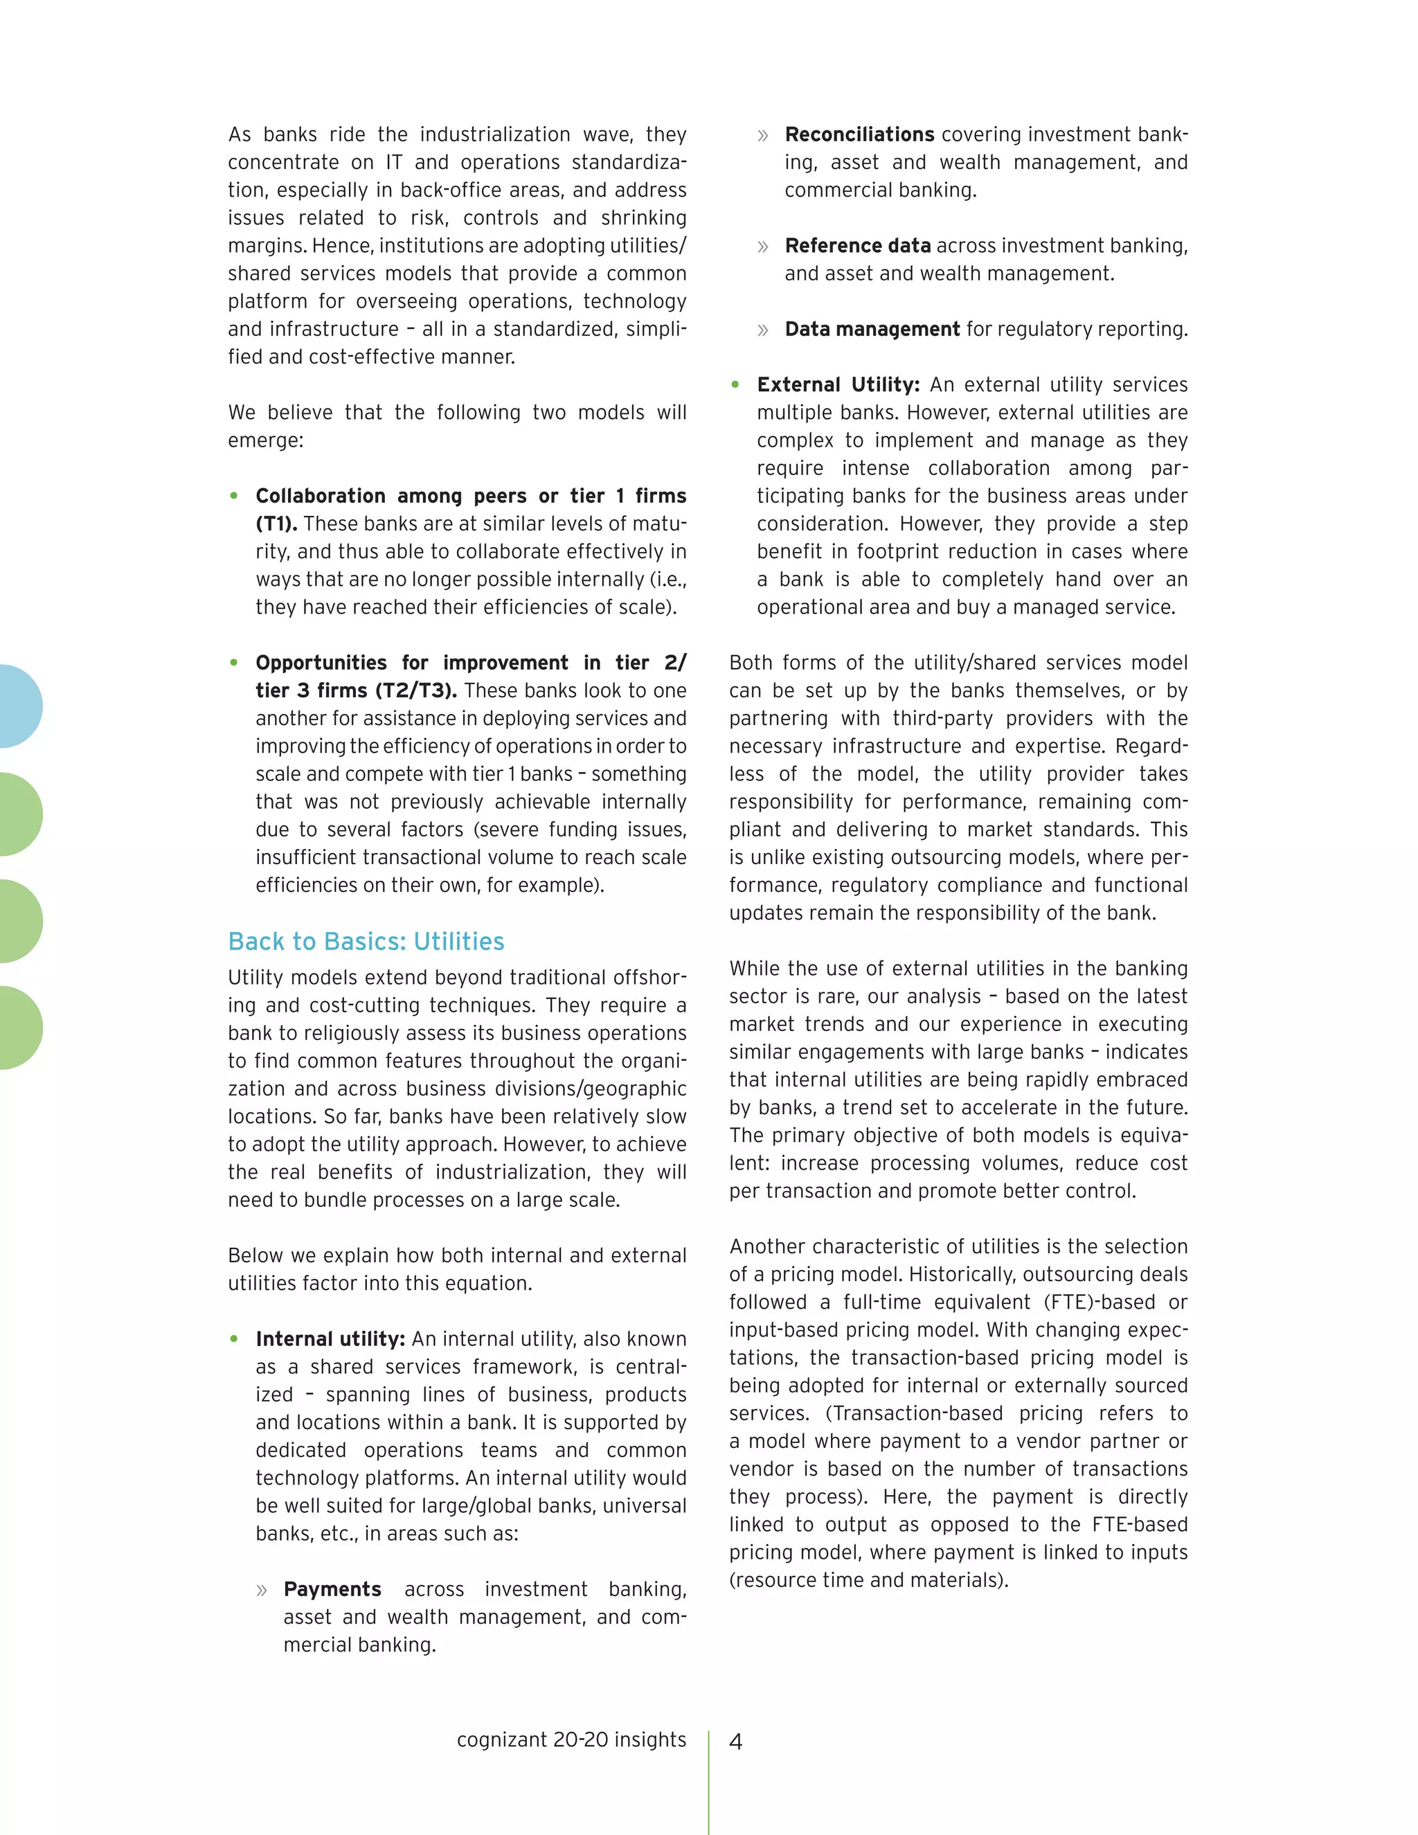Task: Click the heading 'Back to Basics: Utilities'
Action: coord(366,941)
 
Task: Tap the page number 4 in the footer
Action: coord(736,1742)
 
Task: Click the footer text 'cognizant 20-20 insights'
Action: coord(571,1739)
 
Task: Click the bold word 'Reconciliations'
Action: coord(859,134)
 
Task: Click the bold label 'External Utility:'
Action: coord(838,384)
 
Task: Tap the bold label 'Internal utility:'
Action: coord(330,1339)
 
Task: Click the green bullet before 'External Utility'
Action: coord(735,385)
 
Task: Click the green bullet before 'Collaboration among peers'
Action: coord(235,496)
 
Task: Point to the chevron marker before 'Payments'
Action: coord(262,1590)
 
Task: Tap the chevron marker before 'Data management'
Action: coord(763,330)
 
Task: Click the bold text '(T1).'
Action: coord(276,523)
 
